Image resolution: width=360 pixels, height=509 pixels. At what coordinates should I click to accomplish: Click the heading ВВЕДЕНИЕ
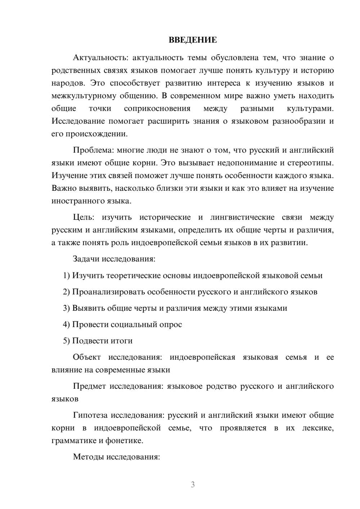pos(193,40)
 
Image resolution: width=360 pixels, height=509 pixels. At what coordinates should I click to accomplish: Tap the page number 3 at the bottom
pos(193,485)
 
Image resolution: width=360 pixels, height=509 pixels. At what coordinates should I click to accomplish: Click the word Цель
pos(83,217)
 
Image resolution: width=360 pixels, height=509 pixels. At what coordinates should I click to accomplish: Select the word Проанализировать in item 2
pos(108,292)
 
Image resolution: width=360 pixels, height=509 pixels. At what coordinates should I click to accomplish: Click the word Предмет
pos(89,386)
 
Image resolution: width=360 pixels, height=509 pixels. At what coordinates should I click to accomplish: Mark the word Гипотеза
pos(90,415)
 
